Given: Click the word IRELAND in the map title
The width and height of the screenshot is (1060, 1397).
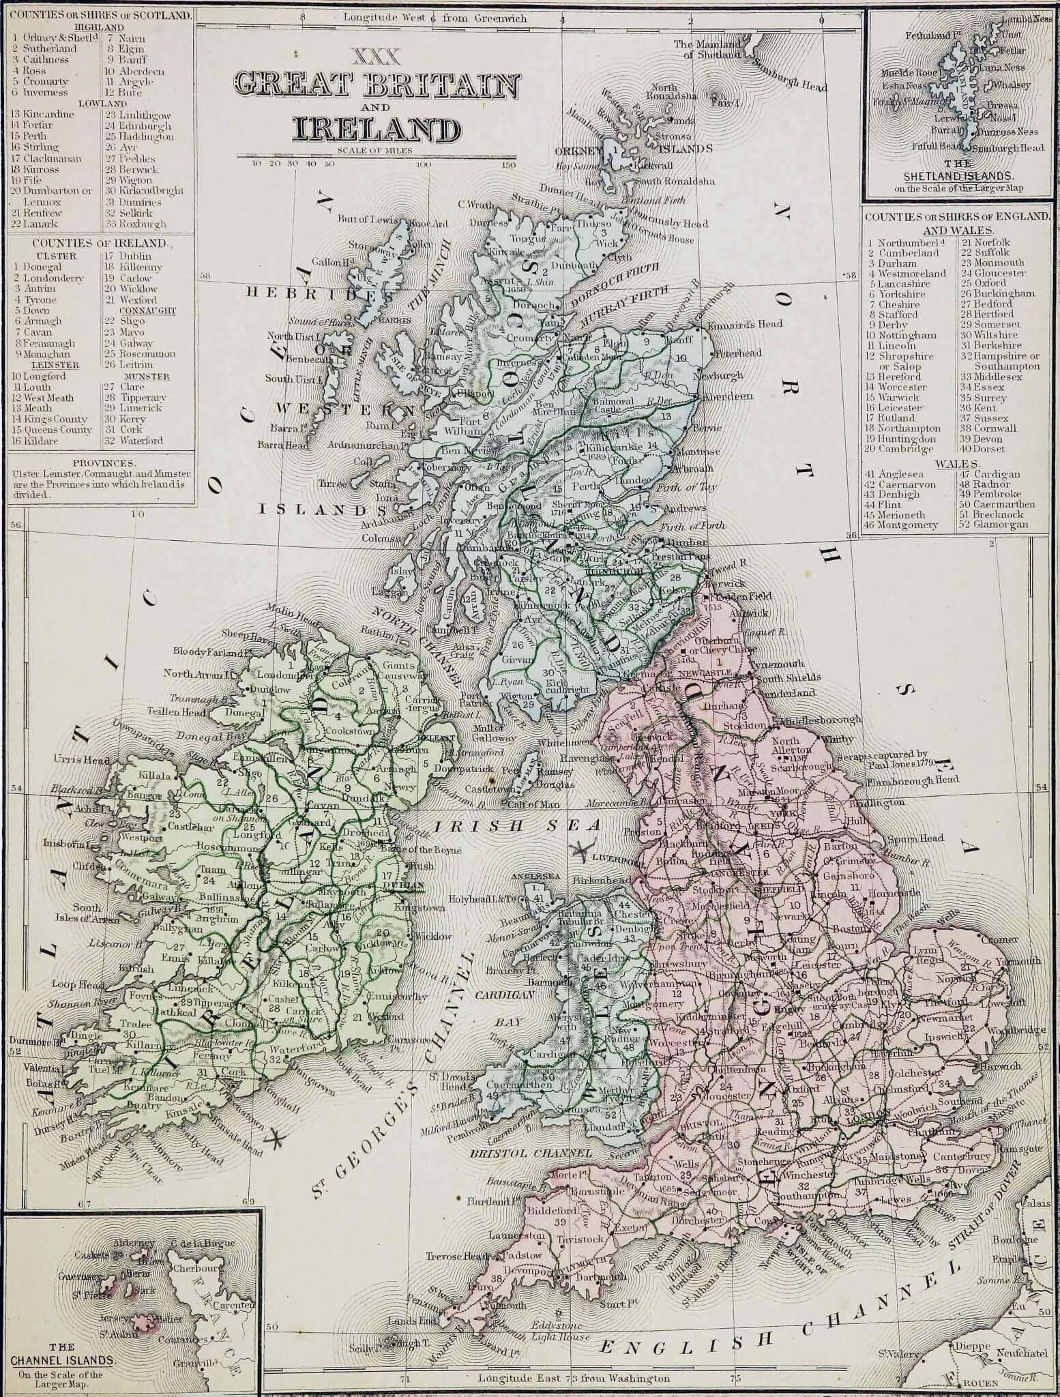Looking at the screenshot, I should [376, 129].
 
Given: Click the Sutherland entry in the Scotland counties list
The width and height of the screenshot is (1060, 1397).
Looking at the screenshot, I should [48, 49].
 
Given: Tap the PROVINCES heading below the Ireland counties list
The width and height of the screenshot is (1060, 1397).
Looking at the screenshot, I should [101, 462].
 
